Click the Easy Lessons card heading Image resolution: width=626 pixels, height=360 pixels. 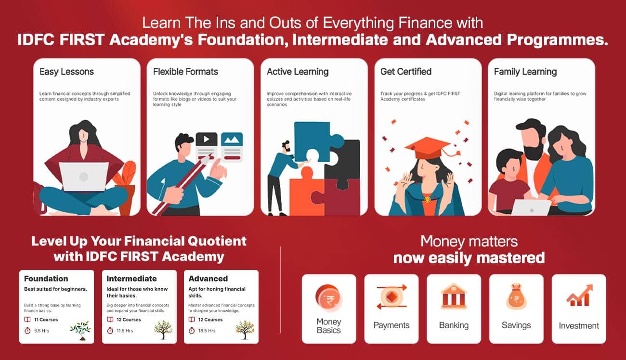pyautogui.click(x=66, y=72)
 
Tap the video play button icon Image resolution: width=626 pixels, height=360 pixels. pyautogui.click(x=207, y=139)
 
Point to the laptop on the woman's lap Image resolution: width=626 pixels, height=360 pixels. pyautogui.click(x=84, y=177)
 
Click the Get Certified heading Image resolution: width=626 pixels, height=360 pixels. pyautogui.click(x=406, y=72)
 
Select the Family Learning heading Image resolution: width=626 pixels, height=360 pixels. pyautogui.click(x=525, y=72)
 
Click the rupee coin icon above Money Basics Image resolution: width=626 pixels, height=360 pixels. pyautogui.click(x=329, y=298)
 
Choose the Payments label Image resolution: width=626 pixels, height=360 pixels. pyautogui.click(x=391, y=325)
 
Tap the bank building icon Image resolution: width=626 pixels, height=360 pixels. pyautogui.click(x=454, y=296)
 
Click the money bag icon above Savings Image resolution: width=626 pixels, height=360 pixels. pyautogui.click(x=516, y=297)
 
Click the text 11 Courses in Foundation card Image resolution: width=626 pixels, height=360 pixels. pyautogui.click(x=46, y=320)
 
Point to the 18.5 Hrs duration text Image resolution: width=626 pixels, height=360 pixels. pyautogui.click(x=207, y=331)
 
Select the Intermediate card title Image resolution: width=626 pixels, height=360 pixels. pyautogui.click(x=131, y=279)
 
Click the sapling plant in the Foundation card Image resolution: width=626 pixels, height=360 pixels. pyautogui.click(x=80, y=331)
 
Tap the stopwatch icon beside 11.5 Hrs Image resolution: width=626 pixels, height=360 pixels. pyautogui.click(x=110, y=331)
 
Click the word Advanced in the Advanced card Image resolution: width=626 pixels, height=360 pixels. pyautogui.click(x=208, y=279)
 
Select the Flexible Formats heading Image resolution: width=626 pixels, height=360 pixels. pyautogui.click(x=185, y=72)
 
